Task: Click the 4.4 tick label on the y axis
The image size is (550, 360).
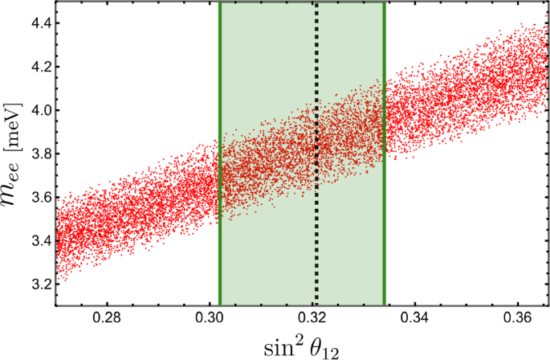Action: pos(39,23)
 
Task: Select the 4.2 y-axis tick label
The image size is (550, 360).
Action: pos(39,67)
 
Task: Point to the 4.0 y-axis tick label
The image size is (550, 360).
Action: pos(39,110)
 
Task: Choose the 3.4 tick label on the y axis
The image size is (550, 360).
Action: pos(39,240)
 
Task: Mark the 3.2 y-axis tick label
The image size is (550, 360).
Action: pos(39,284)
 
